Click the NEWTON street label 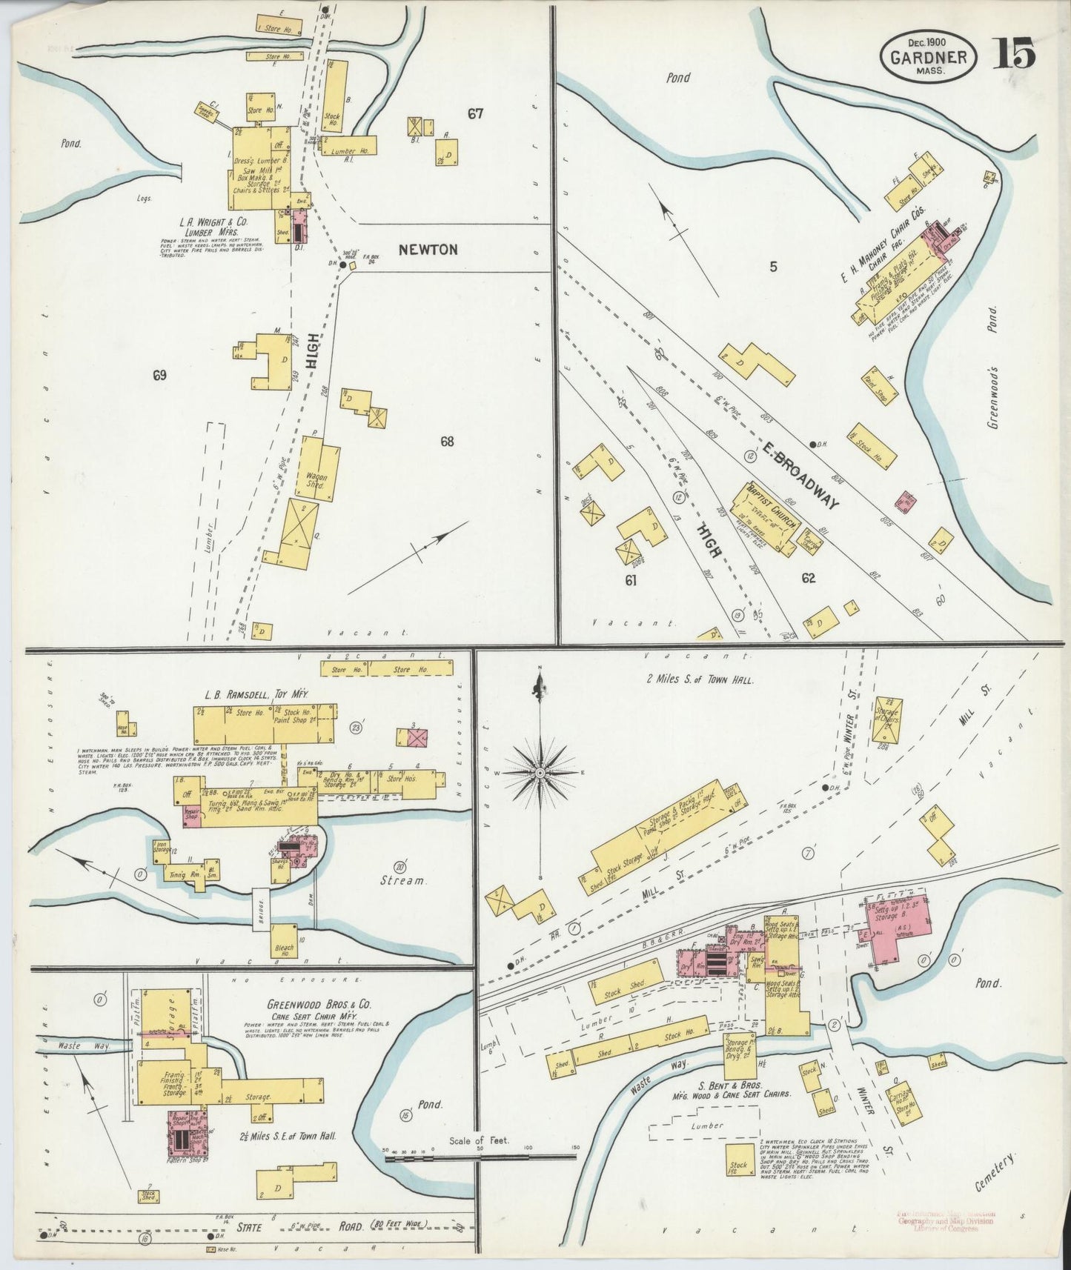(x=428, y=250)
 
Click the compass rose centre (x=541, y=773)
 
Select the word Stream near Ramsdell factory (x=403, y=881)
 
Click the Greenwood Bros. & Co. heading (x=319, y=1006)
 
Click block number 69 (x=159, y=375)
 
